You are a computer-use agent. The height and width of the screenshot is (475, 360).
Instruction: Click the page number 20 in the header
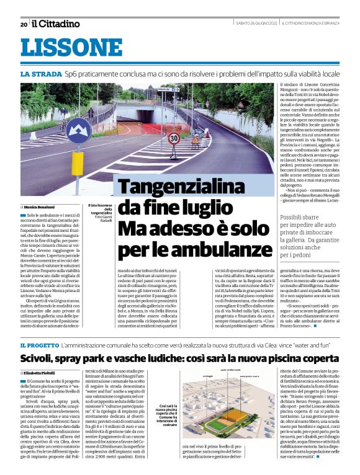[x=24, y=24]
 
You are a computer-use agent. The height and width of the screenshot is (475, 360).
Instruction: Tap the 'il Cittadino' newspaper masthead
[x=56, y=24]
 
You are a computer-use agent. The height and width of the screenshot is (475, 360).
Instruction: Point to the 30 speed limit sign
[x=174, y=138]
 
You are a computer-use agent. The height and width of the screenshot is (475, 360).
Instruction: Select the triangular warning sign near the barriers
[x=196, y=141]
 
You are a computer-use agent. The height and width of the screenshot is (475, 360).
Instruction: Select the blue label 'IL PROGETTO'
[x=40, y=344]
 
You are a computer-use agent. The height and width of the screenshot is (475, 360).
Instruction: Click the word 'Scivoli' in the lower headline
[x=37, y=358]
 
